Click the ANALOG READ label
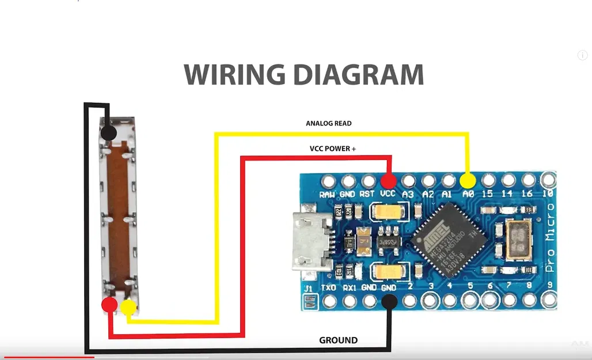point(328,123)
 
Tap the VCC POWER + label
point(333,149)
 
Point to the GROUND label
point(338,340)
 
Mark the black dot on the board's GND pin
point(389,301)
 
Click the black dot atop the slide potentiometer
point(108,134)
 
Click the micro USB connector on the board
point(312,242)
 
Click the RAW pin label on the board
point(328,194)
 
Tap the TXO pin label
point(328,286)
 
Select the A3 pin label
point(408,194)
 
